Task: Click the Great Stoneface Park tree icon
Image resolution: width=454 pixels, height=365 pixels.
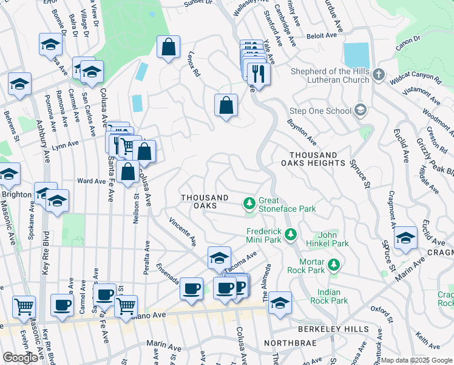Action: click(x=249, y=203)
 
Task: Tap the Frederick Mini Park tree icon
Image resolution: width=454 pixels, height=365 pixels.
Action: click(x=291, y=234)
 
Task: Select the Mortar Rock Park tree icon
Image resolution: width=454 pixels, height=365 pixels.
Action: click(x=333, y=265)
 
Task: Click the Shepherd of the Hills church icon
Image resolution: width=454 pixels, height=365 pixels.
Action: click(x=378, y=75)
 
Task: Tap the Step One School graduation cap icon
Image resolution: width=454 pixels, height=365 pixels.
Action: click(x=361, y=110)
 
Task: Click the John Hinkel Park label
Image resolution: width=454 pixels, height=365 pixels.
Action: click(x=334, y=239)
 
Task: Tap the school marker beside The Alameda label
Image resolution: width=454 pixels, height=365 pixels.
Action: click(x=280, y=303)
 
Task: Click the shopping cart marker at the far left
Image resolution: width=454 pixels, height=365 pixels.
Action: click(x=24, y=307)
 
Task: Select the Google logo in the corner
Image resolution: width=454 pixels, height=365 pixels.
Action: click(x=20, y=357)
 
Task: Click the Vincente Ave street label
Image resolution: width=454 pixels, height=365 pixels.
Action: click(x=183, y=232)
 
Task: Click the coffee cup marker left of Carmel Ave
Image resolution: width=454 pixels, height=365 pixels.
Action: click(x=62, y=305)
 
